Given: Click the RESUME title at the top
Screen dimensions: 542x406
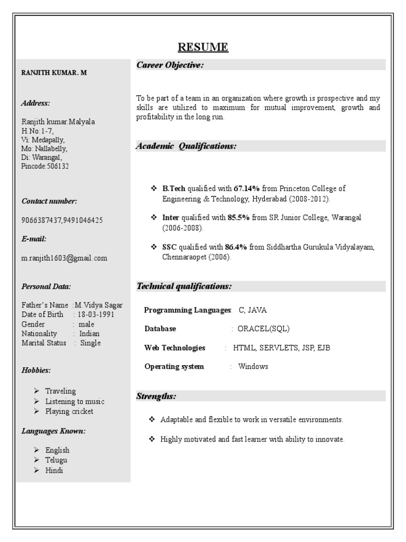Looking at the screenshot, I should click(x=203, y=48).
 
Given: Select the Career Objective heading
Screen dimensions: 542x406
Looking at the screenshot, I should click(x=170, y=65).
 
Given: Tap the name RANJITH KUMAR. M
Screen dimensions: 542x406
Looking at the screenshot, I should click(x=54, y=73).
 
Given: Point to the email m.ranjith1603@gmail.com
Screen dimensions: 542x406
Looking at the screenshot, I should click(x=64, y=258).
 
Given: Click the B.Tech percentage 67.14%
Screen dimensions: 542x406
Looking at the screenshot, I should click(x=246, y=188).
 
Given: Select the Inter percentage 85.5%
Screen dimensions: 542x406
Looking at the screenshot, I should click(x=238, y=218).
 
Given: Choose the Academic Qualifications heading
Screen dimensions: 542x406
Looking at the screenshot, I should click(x=186, y=146).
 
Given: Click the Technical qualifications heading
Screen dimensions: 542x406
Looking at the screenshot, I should click(x=184, y=286).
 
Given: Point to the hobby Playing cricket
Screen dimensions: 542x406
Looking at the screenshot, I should click(x=69, y=411).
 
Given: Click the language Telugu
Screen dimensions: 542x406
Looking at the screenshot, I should click(x=56, y=460).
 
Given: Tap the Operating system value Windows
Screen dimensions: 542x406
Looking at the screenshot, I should click(x=253, y=366).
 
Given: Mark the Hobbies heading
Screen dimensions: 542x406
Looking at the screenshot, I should click(x=36, y=371).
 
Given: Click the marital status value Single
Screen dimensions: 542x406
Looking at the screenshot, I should click(x=90, y=343).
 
